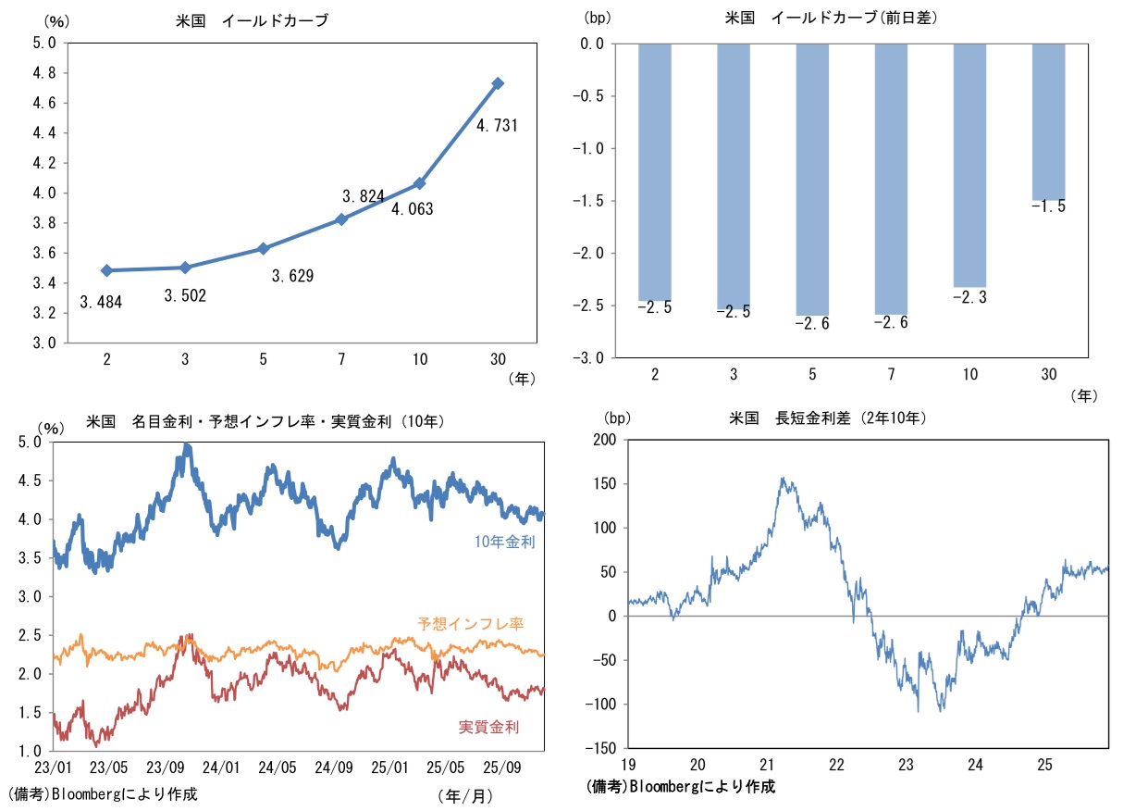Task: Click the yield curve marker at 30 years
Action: coord(498,83)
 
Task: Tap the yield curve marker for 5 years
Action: coord(264,248)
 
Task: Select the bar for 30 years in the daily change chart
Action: coord(1048,121)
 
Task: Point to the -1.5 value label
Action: coord(1048,207)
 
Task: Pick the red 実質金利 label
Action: coord(488,727)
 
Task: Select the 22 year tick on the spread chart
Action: coord(836,765)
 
